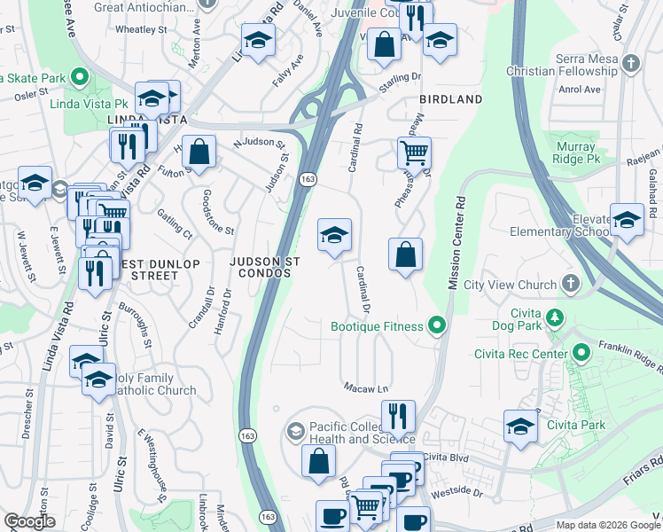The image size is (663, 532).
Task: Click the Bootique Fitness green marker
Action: click(x=436, y=327)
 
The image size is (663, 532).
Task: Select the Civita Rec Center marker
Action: click(x=581, y=355)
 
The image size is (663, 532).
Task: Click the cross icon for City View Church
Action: click(x=571, y=285)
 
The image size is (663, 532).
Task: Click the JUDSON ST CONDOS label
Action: click(x=266, y=268)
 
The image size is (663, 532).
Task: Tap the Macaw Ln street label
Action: click(x=366, y=388)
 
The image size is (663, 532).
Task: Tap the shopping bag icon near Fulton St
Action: click(x=201, y=151)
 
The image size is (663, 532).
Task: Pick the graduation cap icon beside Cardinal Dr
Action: click(x=334, y=235)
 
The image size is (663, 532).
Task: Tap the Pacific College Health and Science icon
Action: click(x=295, y=432)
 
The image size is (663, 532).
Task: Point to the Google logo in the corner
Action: click(x=29, y=521)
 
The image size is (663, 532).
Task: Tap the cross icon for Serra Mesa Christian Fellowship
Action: click(x=630, y=64)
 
